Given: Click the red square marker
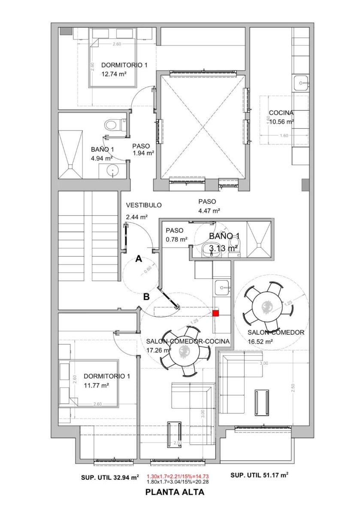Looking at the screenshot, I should (215, 313).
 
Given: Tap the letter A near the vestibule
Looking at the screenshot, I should (139, 258).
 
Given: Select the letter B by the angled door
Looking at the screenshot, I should (146, 296).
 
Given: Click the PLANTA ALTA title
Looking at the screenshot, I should (175, 493).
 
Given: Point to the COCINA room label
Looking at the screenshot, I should (281, 113).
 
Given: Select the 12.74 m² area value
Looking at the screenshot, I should (113, 74).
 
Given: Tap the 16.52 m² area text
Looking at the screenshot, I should (260, 342).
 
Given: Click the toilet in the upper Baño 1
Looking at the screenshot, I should (112, 125).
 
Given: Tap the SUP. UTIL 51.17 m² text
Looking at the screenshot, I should (259, 475).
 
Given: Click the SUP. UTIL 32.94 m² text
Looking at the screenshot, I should (110, 477).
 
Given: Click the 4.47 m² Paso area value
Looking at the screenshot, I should (209, 211).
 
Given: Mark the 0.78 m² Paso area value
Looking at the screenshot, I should (176, 239).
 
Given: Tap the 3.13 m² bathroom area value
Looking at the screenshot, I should (224, 248).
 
